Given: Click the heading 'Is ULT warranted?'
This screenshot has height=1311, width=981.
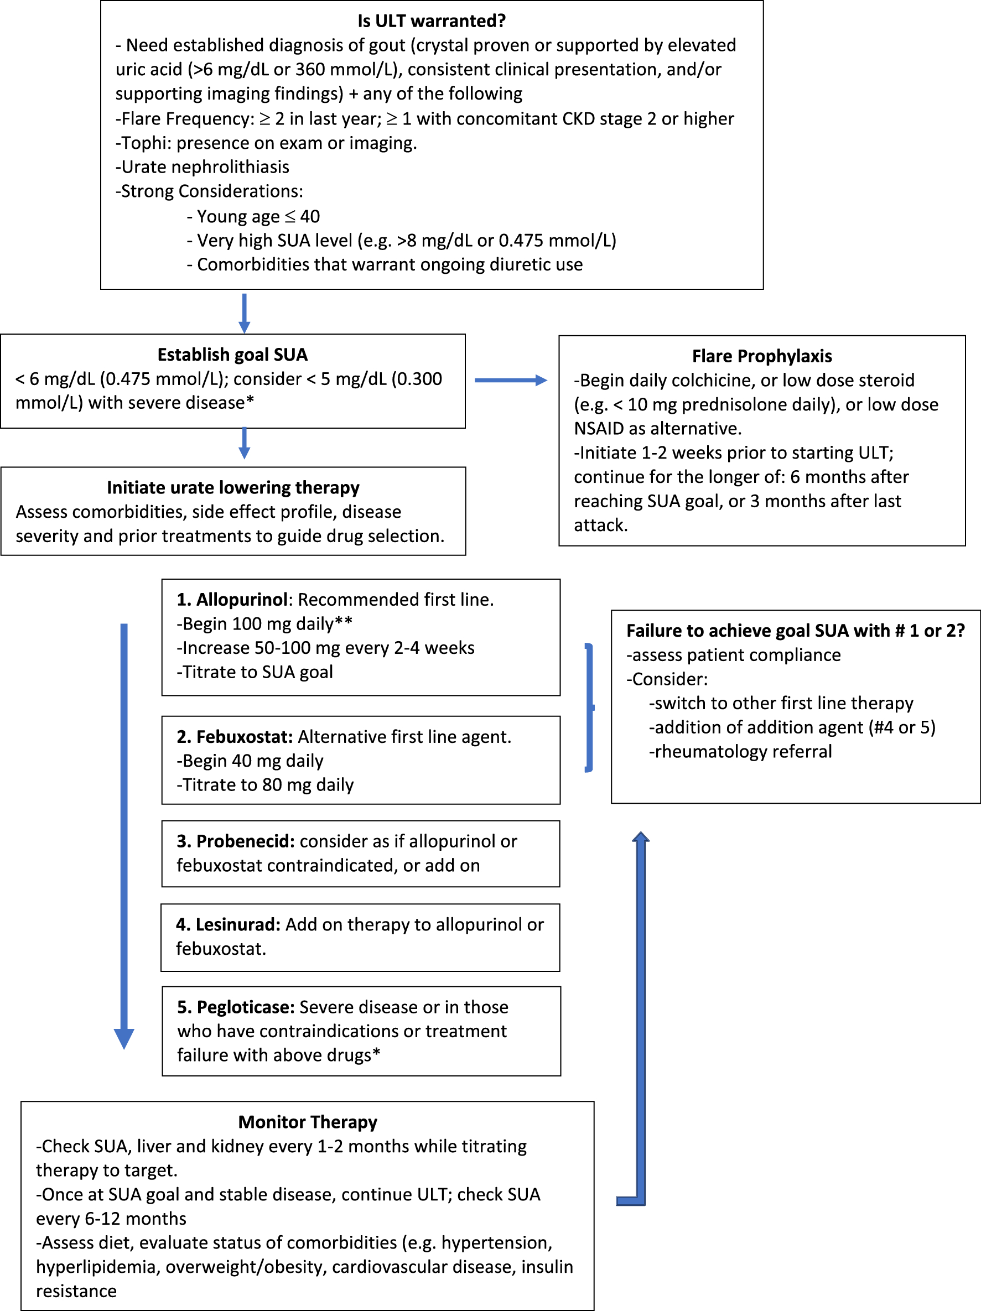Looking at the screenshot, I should click(432, 21).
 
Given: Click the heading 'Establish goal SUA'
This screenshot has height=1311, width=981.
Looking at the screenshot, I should click(232, 355).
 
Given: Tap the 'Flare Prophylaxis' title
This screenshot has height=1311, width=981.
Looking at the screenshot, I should click(762, 356).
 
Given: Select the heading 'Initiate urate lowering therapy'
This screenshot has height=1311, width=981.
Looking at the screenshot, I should click(233, 487).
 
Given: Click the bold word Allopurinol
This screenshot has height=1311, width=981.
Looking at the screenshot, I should click(242, 599).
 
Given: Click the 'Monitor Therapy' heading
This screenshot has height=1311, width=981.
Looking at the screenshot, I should click(308, 1122).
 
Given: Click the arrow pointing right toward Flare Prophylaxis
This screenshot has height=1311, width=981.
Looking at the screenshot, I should click(510, 381).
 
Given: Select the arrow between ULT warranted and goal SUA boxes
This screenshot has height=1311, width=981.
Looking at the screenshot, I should click(244, 313).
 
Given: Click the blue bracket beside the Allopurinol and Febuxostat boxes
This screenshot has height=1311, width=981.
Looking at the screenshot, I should click(590, 707).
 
